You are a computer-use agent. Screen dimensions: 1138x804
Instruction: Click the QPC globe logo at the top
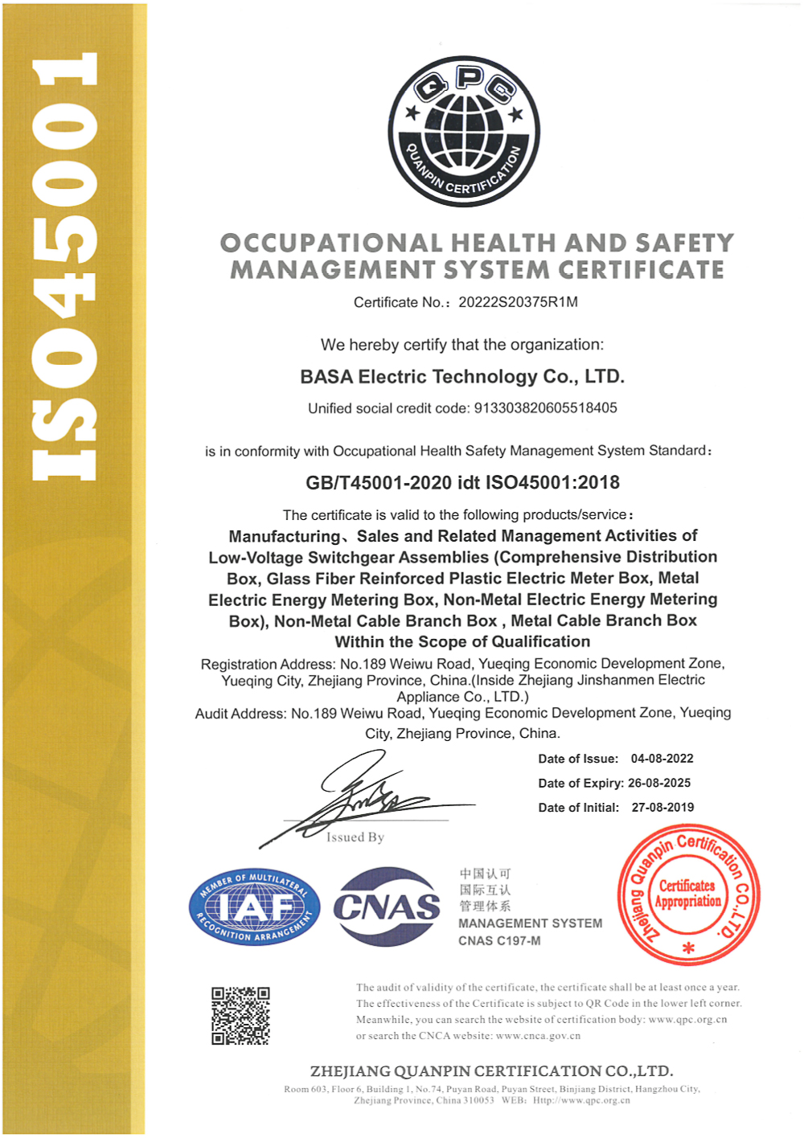click(x=464, y=131)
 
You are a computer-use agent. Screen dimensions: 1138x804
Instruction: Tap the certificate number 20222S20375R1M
click(x=518, y=302)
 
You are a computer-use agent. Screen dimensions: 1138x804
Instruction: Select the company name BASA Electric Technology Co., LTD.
click(x=462, y=377)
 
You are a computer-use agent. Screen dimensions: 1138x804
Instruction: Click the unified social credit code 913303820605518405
click(x=545, y=408)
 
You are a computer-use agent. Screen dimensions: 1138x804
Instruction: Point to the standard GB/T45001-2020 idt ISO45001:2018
click(x=462, y=483)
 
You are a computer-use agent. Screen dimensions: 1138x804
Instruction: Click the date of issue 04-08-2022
click(x=662, y=759)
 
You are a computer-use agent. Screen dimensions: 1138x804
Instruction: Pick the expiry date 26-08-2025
click(x=658, y=783)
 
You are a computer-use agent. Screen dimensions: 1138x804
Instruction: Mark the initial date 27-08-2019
click(x=662, y=808)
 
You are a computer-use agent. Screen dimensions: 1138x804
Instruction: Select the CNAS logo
click(x=387, y=907)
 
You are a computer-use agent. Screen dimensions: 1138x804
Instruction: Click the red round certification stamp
click(x=688, y=894)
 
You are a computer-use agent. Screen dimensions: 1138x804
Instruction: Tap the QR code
click(x=240, y=1016)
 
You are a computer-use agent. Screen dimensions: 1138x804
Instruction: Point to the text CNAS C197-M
click(x=499, y=941)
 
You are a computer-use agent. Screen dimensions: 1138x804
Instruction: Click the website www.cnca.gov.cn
click(x=538, y=1036)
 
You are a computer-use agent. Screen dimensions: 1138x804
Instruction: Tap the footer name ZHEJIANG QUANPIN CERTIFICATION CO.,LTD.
click(x=491, y=1071)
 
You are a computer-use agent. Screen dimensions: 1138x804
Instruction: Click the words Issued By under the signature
click(x=355, y=837)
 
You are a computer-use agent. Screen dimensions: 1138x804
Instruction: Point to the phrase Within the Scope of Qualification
click(x=462, y=642)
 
